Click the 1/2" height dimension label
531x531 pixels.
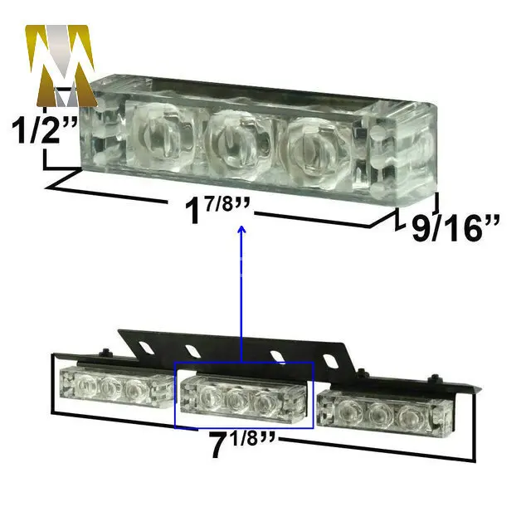[44, 129]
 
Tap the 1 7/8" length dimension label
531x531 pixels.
[217, 210]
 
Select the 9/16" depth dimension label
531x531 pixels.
[455, 228]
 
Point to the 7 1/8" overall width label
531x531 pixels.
[242, 444]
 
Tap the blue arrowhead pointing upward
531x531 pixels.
[241, 230]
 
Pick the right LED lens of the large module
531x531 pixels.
[317, 153]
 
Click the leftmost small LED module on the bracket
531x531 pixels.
[117, 386]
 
